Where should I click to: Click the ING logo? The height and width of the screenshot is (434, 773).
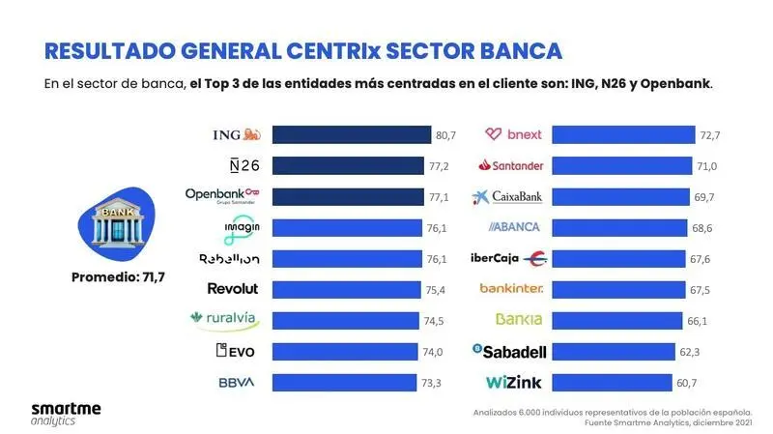point(236,134)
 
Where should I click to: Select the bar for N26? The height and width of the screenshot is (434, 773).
point(348,165)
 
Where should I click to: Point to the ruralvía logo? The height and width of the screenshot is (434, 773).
point(225,320)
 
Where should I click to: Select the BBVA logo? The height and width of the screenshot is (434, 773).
point(237,383)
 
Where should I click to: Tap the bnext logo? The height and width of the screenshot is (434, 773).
point(513,134)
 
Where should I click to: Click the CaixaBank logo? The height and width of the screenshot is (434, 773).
point(508,196)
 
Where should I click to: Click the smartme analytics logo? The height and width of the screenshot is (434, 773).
point(65,413)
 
